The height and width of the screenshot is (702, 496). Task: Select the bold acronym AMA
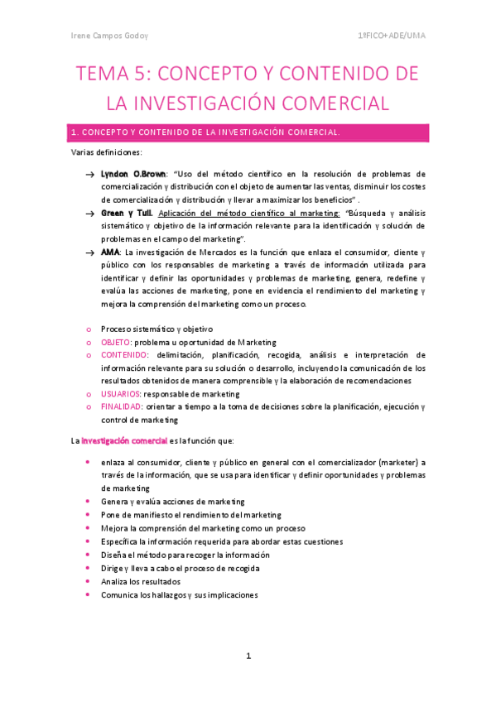pos(109,252)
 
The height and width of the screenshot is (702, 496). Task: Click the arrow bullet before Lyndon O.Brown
pos(89,175)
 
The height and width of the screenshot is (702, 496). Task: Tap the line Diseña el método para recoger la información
pos(185,555)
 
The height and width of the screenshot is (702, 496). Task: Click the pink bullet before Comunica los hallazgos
pos(89,594)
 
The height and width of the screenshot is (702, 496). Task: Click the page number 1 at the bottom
pos(248,656)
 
